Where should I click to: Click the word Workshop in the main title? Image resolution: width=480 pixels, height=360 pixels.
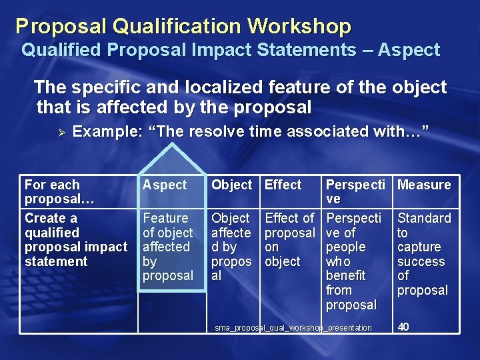tap(299, 26)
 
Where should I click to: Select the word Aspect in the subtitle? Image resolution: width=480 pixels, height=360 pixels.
tap(409, 50)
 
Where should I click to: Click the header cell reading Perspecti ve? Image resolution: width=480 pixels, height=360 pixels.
tap(353, 192)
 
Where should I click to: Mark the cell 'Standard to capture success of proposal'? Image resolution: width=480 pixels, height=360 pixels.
tap(424, 254)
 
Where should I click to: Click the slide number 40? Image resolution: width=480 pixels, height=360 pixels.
tap(403, 327)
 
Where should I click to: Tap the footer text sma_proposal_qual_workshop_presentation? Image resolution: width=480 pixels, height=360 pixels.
tap(293, 328)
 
